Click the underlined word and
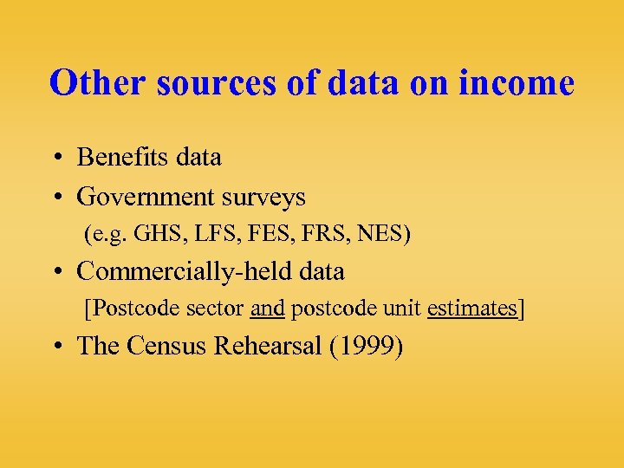coord(267,309)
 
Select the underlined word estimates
coord(471,309)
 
